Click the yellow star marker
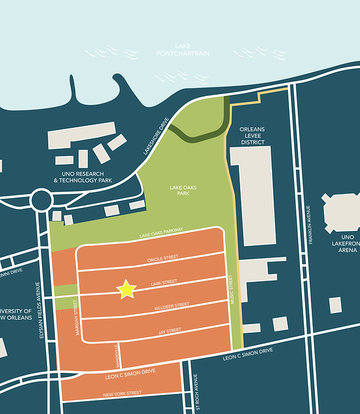pos(126,289)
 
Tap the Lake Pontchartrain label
pos(192,50)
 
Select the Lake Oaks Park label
pos(183,191)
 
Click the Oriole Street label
pos(163,259)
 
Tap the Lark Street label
pos(163,282)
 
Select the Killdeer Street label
pos(172,306)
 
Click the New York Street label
pos(122,394)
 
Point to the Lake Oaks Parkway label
pos(161,232)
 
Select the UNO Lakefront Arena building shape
pos(342,212)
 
